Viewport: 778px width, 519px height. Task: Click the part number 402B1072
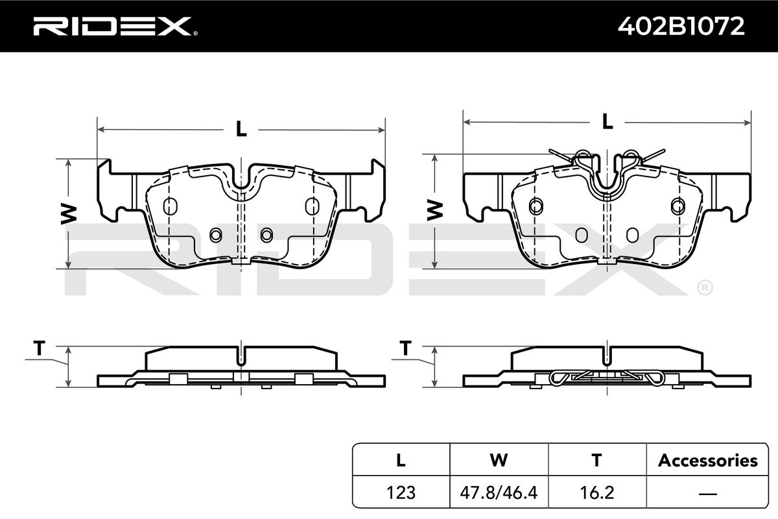pos(681,26)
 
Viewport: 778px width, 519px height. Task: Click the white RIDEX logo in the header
pos(115,26)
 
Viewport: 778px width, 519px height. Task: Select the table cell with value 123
pos(401,492)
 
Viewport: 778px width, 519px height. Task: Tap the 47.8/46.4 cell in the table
pos(499,492)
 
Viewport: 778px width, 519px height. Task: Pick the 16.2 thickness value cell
pos(597,492)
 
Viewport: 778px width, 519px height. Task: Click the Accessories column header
pos(708,460)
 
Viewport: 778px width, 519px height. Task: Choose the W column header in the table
pos(499,460)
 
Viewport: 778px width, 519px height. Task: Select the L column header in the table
pos(401,460)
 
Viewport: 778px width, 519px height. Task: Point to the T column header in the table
pos(596,460)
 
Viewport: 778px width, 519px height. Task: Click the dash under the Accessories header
pos(708,493)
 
